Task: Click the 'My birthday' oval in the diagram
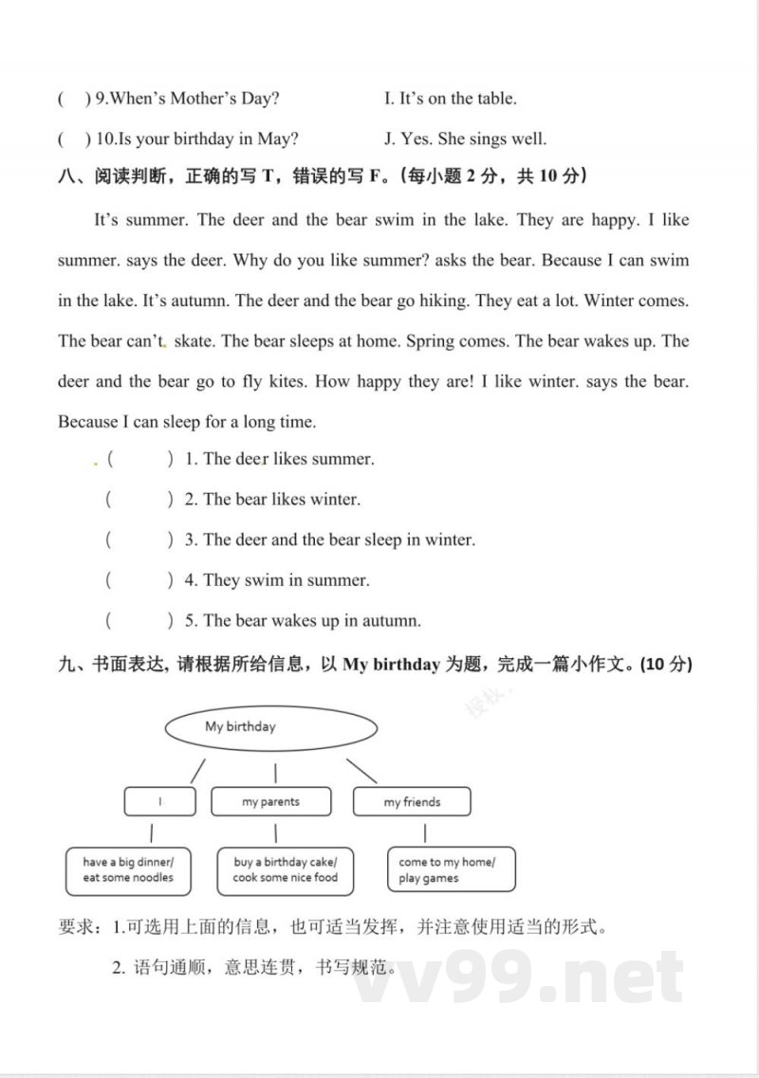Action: [270, 728]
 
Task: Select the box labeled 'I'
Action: [160, 801]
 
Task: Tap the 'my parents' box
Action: [270, 801]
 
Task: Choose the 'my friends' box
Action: [412, 801]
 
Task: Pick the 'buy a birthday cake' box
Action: [285, 870]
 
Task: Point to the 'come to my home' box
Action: [452, 870]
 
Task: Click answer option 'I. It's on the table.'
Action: [451, 99]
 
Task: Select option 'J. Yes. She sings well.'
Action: [465, 139]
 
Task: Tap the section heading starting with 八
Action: [323, 176]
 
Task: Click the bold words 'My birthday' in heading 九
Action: [391, 665]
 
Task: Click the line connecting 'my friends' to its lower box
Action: [424, 833]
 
